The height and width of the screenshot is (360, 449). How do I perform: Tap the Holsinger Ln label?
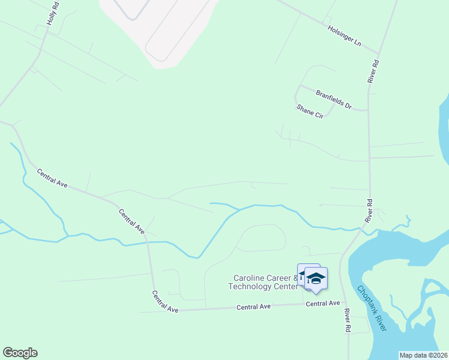coord(344,35)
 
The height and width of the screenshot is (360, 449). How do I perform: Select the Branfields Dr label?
coord(333,99)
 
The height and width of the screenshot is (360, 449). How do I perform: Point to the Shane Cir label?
coord(310,111)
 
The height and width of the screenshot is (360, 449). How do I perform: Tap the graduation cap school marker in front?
coord(316,279)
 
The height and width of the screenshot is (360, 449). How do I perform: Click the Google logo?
coord(20,353)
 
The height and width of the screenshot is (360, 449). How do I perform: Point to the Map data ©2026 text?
coord(424,355)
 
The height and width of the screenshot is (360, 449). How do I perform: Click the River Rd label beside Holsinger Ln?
coord(373,71)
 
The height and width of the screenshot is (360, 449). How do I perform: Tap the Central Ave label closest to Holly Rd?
coord(52,179)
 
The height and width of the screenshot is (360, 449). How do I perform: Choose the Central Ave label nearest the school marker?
coord(322,304)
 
